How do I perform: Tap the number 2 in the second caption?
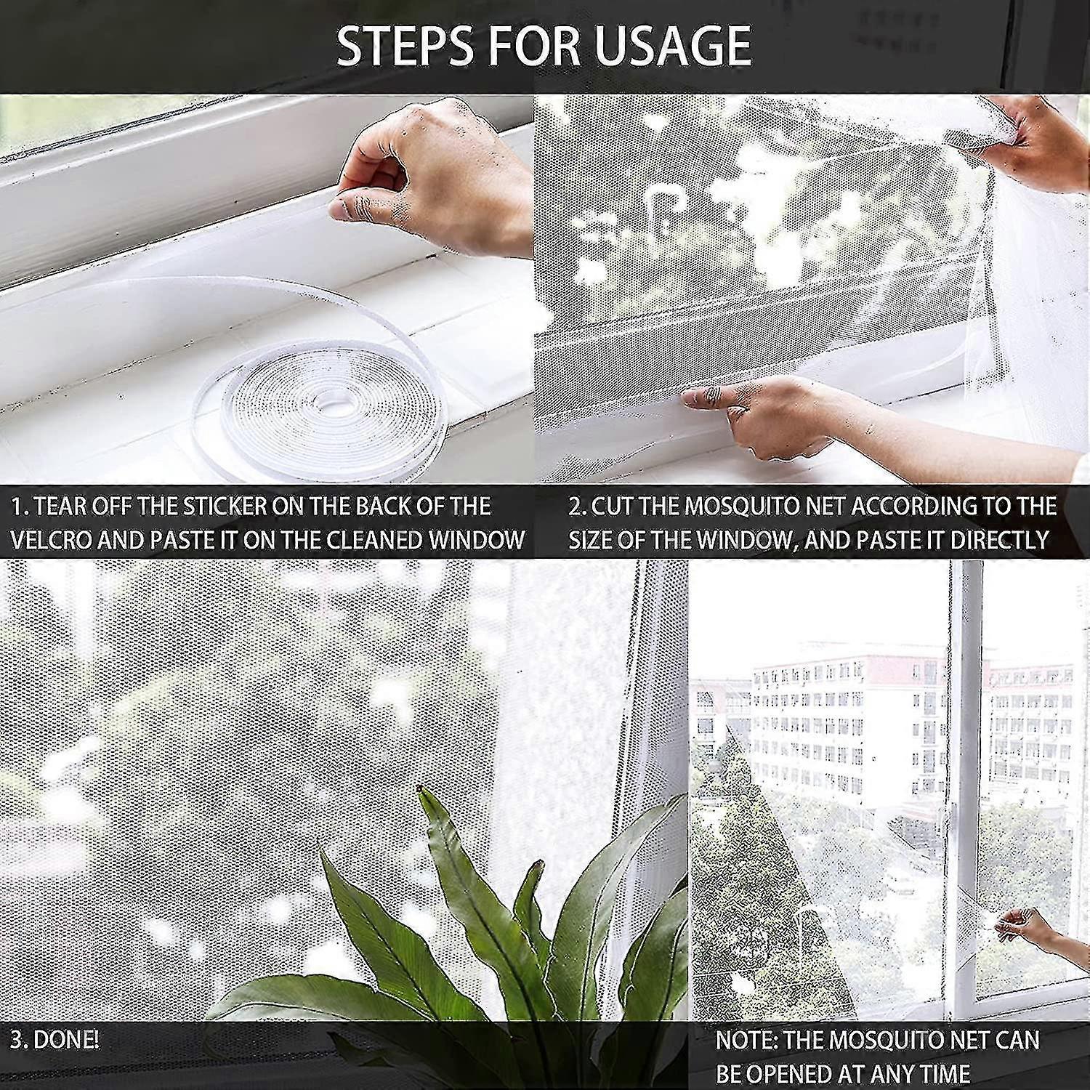(575, 506)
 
